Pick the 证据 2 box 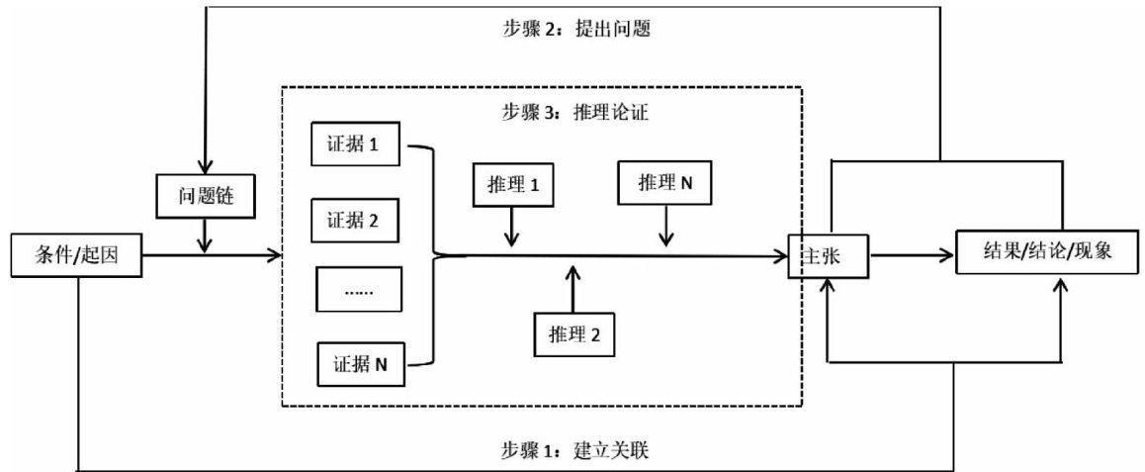coord(355,220)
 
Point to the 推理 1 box coord(512,184)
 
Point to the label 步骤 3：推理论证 coord(571,112)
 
